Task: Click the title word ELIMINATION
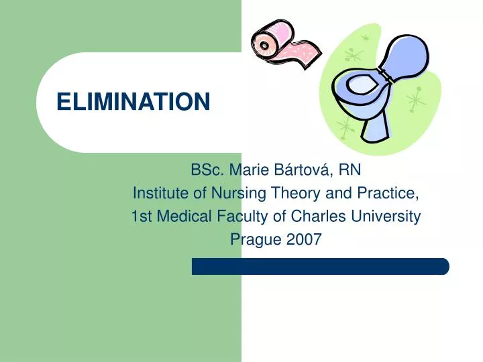(133, 103)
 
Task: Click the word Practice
(390, 194)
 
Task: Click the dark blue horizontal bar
(320, 266)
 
